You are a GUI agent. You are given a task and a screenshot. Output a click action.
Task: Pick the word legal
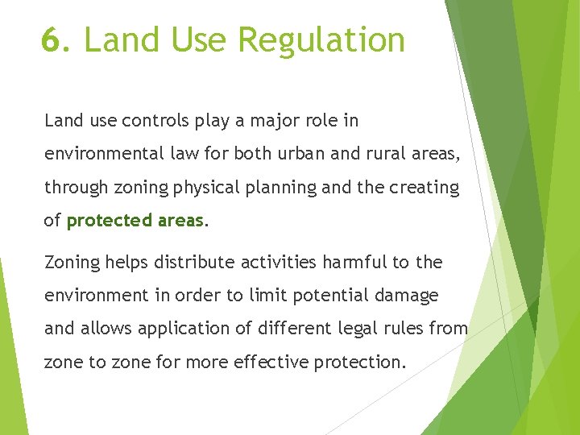click(370, 329)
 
